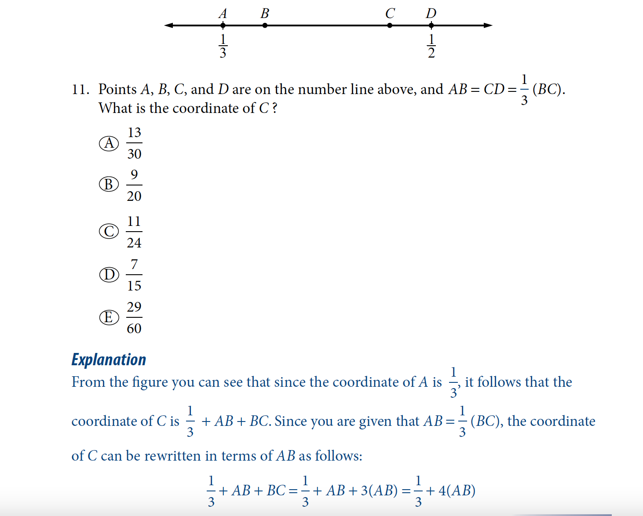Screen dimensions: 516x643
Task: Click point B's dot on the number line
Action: tap(265, 25)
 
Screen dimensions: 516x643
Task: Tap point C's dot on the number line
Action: tap(390, 25)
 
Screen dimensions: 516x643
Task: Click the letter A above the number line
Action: tap(223, 14)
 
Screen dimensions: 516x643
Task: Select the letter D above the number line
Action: tap(431, 14)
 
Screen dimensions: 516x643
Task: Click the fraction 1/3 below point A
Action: tap(223, 46)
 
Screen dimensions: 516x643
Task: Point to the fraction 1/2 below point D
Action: tap(431, 46)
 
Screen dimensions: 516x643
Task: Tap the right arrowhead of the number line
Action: tap(488, 25)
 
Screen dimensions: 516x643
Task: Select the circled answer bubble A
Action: tap(109, 143)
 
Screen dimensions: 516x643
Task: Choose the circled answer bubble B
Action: tap(109, 184)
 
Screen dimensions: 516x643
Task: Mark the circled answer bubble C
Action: tap(109, 231)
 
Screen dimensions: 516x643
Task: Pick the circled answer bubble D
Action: tap(109, 275)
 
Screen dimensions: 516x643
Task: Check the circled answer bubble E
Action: tap(109, 317)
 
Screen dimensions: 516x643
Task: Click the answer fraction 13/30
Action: tap(134, 143)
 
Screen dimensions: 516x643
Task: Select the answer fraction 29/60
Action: tap(134, 317)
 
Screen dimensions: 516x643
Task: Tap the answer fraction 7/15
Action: tap(134, 275)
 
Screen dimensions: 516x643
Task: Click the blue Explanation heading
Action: tap(109, 360)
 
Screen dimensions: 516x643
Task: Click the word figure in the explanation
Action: tap(150, 382)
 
